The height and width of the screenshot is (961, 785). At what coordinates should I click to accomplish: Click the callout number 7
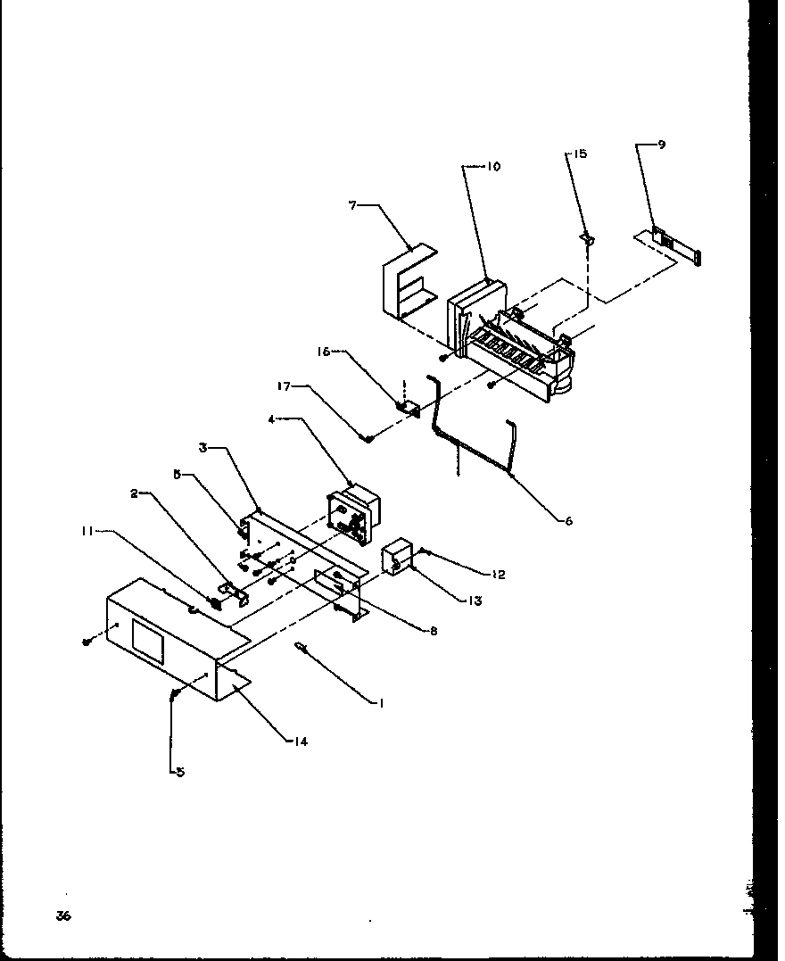(x=352, y=205)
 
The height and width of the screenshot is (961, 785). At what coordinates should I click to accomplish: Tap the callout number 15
(x=580, y=154)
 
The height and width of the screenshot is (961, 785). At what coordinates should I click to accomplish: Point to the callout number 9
(x=661, y=145)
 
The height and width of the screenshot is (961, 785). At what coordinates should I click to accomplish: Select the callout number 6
(x=568, y=521)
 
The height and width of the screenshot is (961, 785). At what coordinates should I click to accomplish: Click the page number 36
(x=62, y=916)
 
